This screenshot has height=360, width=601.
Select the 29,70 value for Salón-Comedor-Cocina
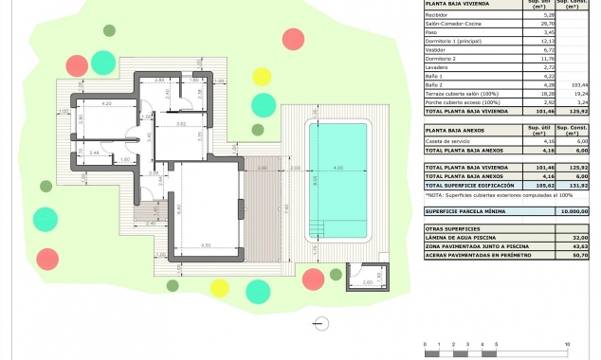point(535,24)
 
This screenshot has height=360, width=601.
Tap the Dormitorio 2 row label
point(446,60)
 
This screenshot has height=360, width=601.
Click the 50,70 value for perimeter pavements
point(579,255)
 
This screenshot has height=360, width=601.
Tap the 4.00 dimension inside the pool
point(337,170)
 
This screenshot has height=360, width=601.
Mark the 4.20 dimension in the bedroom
point(106,102)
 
